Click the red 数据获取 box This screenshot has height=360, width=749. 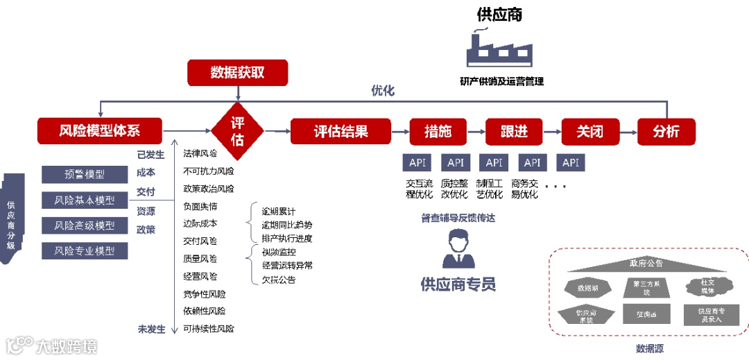237,73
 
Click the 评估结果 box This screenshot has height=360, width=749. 341,131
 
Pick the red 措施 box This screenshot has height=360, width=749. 438,131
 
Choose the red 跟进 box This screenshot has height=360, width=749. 513,131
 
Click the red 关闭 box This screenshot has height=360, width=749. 589,131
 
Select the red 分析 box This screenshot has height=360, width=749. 666,131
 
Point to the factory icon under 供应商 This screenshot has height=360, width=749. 500,49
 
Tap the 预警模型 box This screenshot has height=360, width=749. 85,175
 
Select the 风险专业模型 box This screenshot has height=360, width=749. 85,251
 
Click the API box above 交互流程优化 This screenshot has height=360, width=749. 417,163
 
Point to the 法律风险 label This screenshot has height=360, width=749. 200,153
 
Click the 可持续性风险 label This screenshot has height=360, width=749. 209,329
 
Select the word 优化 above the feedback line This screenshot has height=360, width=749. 382,90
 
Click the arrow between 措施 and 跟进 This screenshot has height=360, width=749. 475,131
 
